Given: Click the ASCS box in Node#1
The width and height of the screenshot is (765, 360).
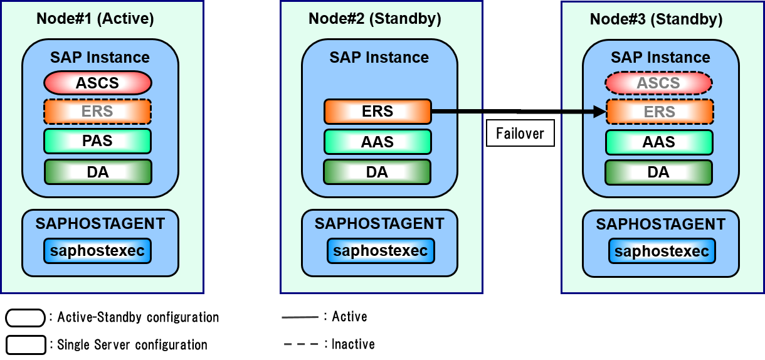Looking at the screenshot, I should tap(98, 83).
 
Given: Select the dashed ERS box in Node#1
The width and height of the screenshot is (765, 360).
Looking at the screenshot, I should tap(98, 112).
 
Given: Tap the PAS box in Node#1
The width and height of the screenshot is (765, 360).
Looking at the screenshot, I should tap(98, 141).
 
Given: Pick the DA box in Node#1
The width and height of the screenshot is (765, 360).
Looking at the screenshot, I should tap(98, 172).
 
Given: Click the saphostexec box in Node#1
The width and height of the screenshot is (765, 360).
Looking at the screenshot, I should tap(98, 251).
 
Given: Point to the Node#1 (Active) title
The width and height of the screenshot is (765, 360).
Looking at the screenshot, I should tap(95, 19).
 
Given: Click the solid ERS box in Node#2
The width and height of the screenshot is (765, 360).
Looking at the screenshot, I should tap(377, 112).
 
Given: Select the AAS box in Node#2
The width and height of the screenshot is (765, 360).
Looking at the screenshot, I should tap(377, 142).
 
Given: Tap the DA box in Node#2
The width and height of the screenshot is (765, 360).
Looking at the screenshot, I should tap(377, 172).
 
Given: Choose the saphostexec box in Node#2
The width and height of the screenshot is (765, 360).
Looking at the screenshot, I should tap(381, 251).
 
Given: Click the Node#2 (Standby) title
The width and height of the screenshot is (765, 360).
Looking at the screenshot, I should tap(375, 19).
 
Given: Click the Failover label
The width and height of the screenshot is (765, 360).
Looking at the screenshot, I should tap(520, 134).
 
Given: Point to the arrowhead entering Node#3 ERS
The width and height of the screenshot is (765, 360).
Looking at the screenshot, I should tap(599, 112).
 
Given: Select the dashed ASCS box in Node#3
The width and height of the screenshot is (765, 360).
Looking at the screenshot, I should tap(658, 83).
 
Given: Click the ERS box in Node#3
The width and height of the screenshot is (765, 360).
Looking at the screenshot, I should tap(659, 112).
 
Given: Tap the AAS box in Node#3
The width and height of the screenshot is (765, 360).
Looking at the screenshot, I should tap(659, 142).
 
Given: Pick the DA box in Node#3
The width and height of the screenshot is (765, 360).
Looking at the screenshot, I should tap(658, 172).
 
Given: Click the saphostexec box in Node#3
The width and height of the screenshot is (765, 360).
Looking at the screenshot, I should tap(662, 251).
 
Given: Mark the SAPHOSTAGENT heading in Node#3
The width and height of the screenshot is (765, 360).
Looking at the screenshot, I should tap(661, 225).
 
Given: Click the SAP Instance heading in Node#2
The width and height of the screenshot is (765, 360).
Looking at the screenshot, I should tap(379, 58).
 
